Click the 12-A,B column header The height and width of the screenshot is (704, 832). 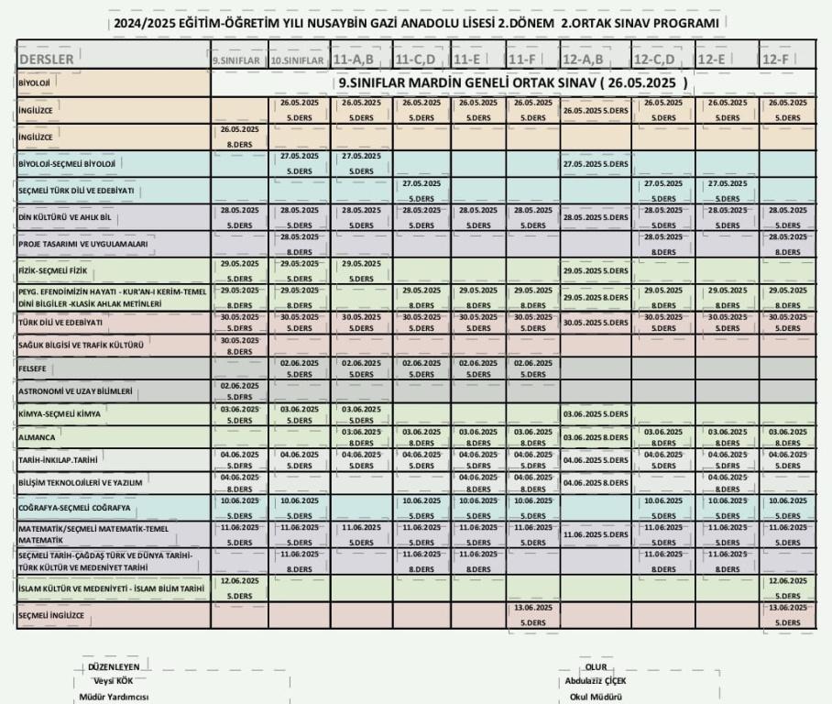(583, 60)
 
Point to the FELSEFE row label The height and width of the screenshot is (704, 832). (33, 368)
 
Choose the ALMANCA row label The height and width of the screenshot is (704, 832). (36, 438)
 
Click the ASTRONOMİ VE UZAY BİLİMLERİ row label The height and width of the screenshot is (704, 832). (76, 391)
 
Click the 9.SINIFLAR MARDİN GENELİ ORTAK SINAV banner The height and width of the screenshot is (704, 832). (513, 82)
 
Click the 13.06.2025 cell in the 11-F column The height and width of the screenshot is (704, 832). (534, 615)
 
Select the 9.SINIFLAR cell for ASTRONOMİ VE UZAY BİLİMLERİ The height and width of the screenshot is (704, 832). (239, 391)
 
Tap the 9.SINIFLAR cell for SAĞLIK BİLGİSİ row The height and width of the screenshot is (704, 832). (239, 346)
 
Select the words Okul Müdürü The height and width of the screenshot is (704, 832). (597, 698)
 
